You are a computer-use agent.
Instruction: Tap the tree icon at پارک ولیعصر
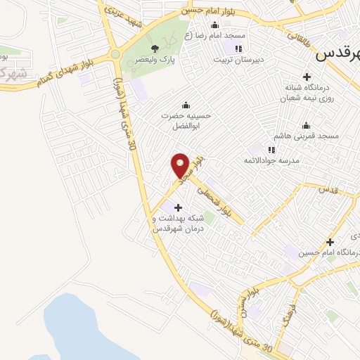(x=155, y=48)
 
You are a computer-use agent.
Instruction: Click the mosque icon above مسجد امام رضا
(x=214, y=25)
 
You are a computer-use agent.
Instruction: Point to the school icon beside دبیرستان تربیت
(x=238, y=48)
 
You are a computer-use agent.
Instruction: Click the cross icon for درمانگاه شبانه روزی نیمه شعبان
(x=307, y=77)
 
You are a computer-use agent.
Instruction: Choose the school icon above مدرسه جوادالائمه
(x=271, y=149)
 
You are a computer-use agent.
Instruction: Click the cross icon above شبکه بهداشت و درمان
(x=178, y=207)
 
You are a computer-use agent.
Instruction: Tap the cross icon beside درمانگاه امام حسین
(x=329, y=242)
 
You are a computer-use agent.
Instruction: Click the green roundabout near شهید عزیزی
(x=115, y=53)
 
